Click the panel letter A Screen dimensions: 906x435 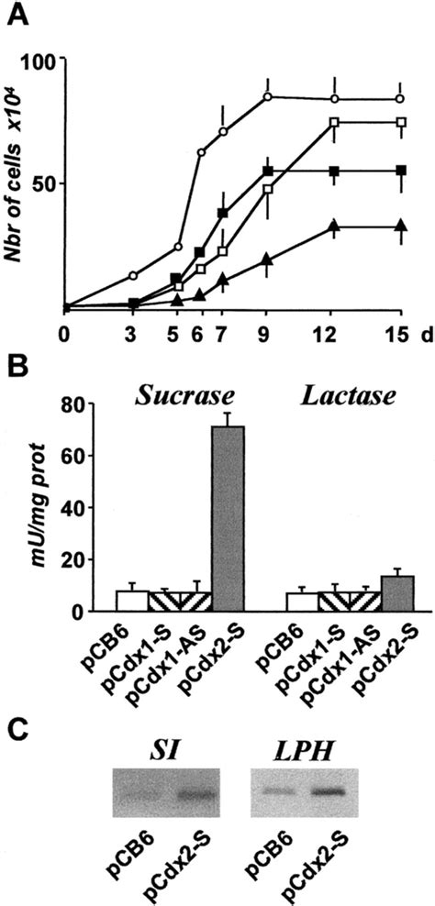[x=13, y=12]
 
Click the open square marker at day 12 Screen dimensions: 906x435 [x=336, y=122]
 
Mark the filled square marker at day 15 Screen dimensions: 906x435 [x=400, y=171]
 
